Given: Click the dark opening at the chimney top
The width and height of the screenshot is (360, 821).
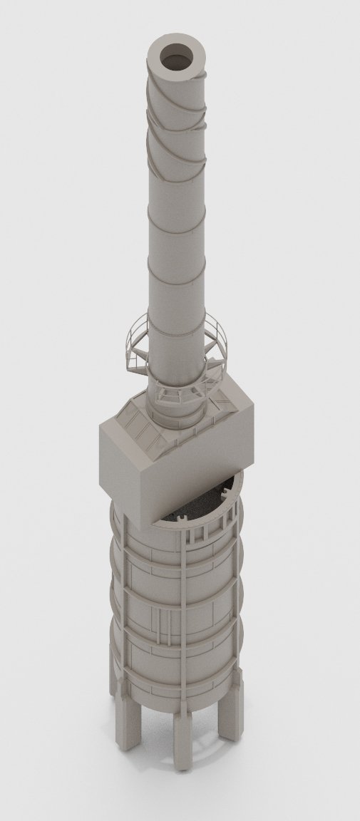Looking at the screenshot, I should click(x=176, y=57).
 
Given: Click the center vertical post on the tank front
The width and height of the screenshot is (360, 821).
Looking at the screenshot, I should click(x=184, y=627).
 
